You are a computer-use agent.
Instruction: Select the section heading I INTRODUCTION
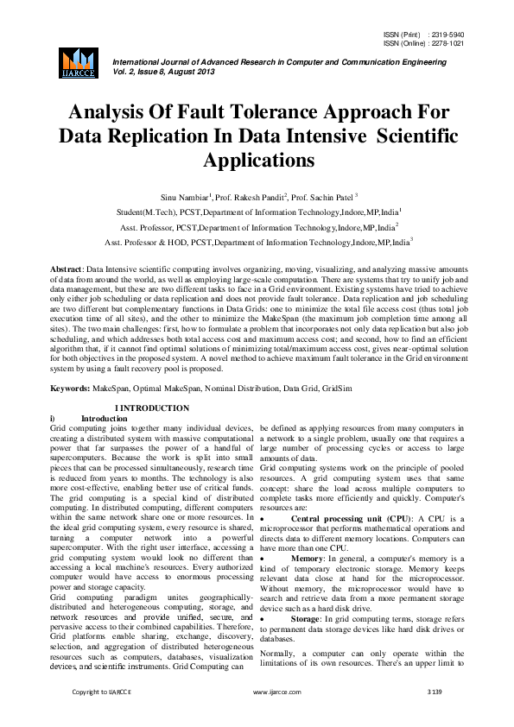point(153,408)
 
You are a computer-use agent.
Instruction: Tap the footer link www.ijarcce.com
point(276,716)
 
